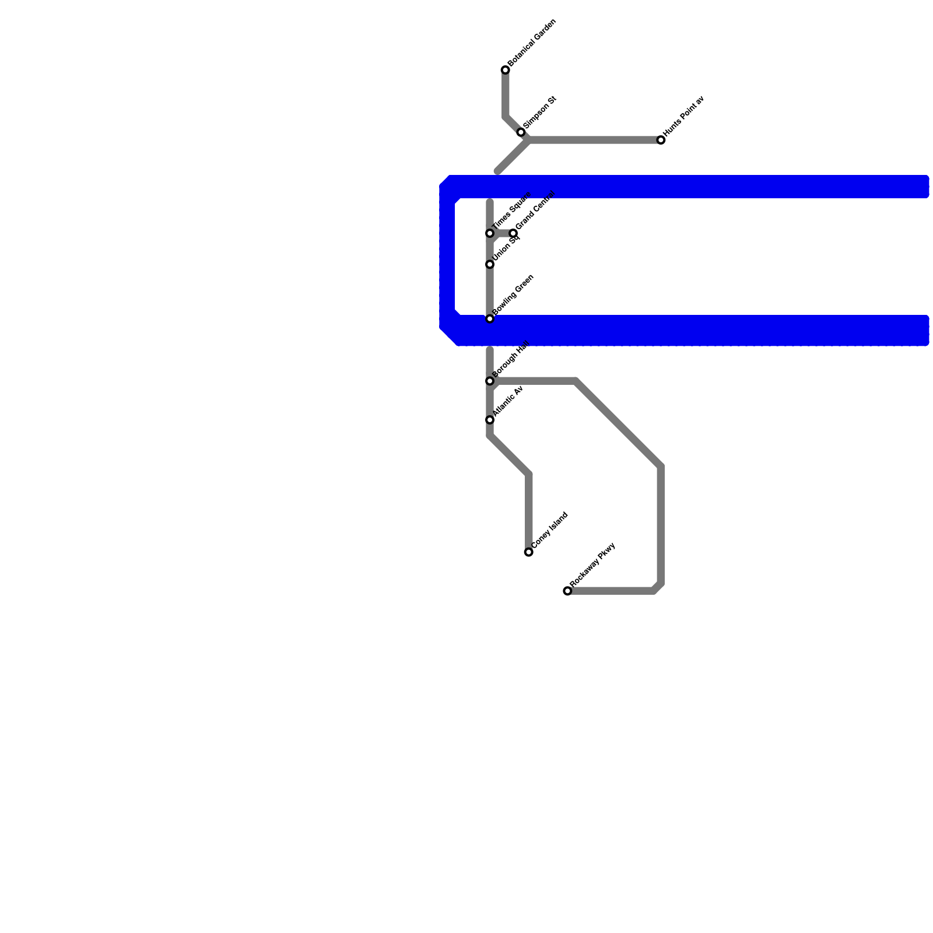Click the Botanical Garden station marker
(505, 71)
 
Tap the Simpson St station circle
(521, 132)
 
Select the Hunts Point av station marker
(661, 140)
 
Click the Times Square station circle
(490, 233)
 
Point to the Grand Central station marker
(513, 233)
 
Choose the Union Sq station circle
(490, 264)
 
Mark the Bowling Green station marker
(490, 319)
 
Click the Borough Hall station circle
(490, 381)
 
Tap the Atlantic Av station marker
(490, 420)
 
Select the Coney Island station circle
(528, 552)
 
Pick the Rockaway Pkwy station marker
(567, 591)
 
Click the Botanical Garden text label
(532, 43)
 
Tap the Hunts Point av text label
(685, 116)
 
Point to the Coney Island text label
(550, 530)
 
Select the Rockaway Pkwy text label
(593, 564)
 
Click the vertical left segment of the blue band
(447, 257)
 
